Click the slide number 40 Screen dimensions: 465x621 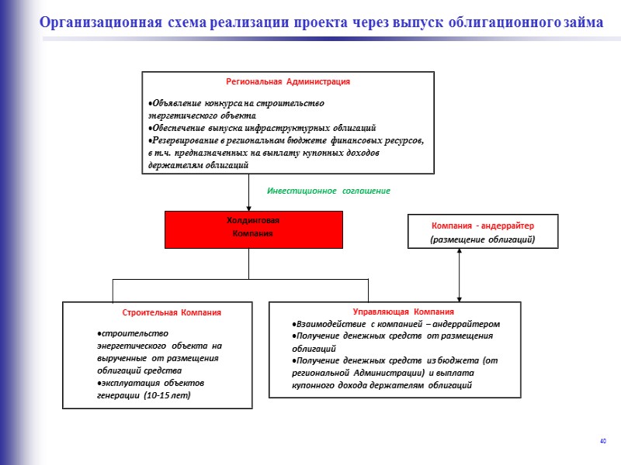pyautogui.click(x=602, y=442)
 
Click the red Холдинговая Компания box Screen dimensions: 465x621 pyautogui.click(x=253, y=229)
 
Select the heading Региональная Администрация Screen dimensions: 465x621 pyautogui.click(x=288, y=81)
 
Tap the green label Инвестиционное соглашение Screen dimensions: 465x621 pyautogui.click(x=328, y=191)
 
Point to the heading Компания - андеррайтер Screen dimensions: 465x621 pyautogui.click(x=483, y=226)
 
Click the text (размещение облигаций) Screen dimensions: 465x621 pyautogui.click(x=483, y=240)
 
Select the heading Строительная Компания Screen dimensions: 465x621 pyautogui.click(x=172, y=312)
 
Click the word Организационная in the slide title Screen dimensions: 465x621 pyautogui.click(x=102, y=23)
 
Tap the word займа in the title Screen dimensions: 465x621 pyautogui.click(x=581, y=23)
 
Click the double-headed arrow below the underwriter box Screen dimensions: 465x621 pyautogui.click(x=460, y=274)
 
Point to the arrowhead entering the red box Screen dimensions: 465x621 pyautogui.click(x=248, y=207)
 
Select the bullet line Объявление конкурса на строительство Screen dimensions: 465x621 pyautogui.click(x=237, y=103)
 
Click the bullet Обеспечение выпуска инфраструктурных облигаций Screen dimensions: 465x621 pyautogui.click(x=263, y=127)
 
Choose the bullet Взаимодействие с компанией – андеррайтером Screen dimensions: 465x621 pyautogui.click(x=390, y=324)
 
